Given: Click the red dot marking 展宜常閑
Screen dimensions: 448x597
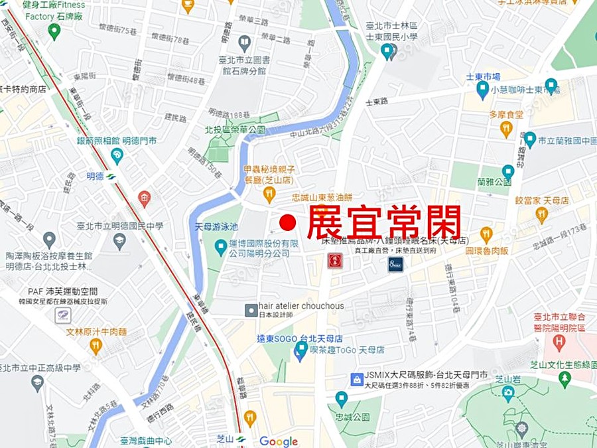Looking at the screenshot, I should click(x=287, y=223).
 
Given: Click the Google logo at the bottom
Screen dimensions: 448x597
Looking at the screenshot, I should click(x=279, y=441).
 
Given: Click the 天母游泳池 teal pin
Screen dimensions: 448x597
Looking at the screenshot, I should click(x=221, y=247).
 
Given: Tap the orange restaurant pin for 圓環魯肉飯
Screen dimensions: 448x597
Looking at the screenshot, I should click(x=486, y=234).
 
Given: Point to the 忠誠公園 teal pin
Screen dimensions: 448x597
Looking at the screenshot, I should click(x=342, y=400).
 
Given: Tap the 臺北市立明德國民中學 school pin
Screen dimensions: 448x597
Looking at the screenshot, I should click(x=119, y=242).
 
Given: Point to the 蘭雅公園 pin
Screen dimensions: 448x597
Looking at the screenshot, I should click(x=508, y=171).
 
